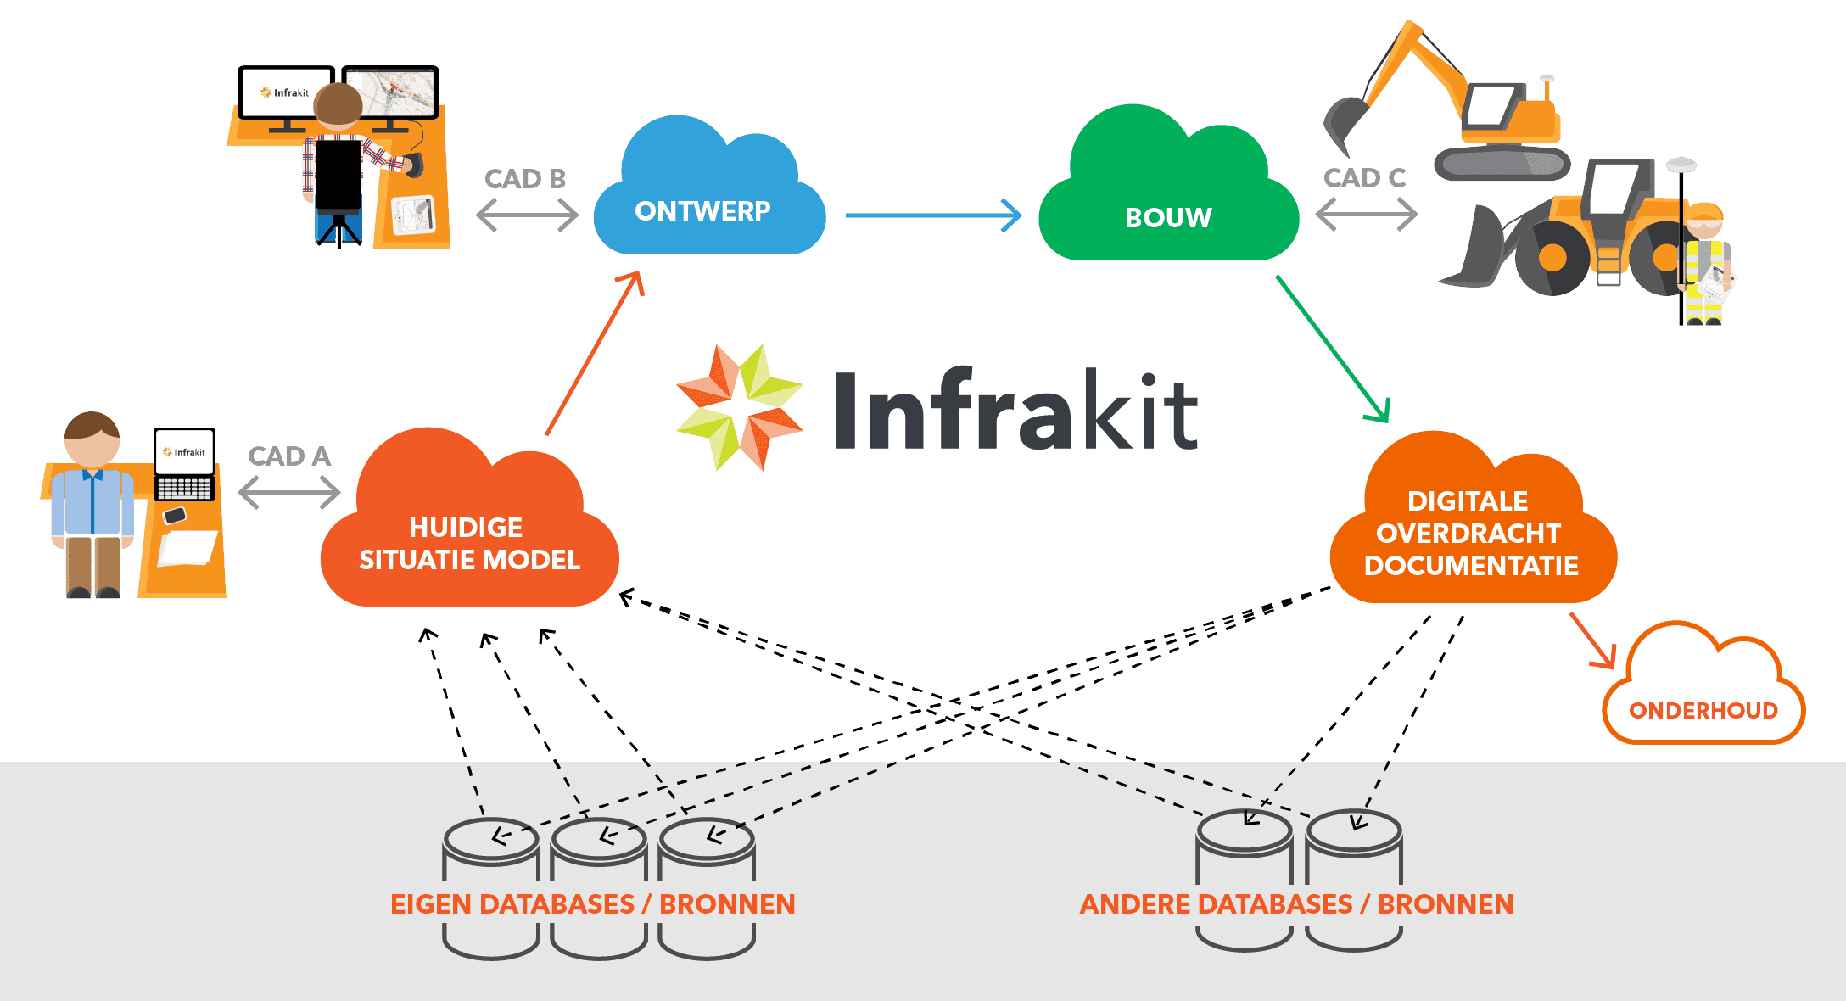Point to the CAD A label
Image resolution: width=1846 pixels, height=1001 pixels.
289,456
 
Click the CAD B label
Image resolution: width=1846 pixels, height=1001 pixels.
525,179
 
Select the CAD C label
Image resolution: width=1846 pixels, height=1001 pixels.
1365,178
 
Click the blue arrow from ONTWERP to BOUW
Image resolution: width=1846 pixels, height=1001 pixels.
933,215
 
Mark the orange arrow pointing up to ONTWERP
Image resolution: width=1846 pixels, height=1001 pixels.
594,352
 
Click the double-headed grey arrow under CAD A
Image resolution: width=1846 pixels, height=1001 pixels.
289,493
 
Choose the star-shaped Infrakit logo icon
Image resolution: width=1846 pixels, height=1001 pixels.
739,407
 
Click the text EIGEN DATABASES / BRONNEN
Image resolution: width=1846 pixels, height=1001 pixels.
592,904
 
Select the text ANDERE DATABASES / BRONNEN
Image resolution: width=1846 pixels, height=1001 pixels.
1296,904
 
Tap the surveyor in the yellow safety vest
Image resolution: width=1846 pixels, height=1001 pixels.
1705,263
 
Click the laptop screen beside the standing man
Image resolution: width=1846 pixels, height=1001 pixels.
184,452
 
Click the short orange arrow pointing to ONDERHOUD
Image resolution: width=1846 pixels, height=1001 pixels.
1593,641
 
